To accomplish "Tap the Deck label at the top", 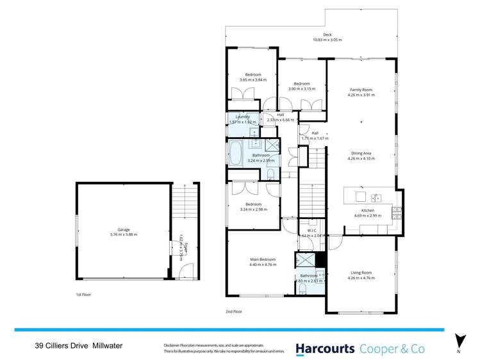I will (x=327, y=35).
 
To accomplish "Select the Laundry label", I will (x=242, y=117).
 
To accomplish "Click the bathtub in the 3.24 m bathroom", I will (x=235, y=154).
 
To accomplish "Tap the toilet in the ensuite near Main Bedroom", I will (x=301, y=290).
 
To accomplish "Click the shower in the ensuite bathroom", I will (x=304, y=260).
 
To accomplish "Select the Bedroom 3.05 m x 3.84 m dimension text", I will (x=252, y=80).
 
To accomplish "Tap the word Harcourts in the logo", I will (x=325, y=348).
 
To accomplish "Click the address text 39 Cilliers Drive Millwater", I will (x=78, y=346).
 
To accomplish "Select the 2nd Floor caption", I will (x=234, y=311).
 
